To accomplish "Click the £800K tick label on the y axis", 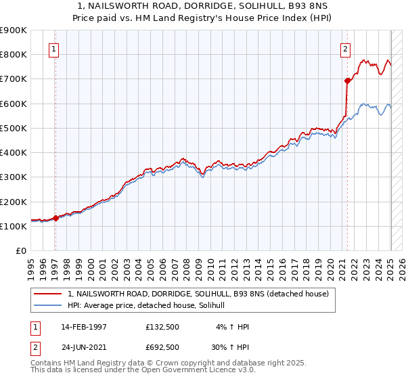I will [x=14, y=54].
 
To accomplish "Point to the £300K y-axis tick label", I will [x=14, y=177].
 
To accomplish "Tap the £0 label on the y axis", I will [x=20, y=251].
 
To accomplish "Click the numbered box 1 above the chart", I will [x=53, y=49].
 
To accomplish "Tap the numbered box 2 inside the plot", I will [x=345, y=49].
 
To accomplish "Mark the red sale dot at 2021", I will [x=348, y=81].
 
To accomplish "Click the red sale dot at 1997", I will [x=56, y=218].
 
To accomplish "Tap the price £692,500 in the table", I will [x=162, y=347].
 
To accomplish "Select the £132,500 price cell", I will [x=162, y=327].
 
